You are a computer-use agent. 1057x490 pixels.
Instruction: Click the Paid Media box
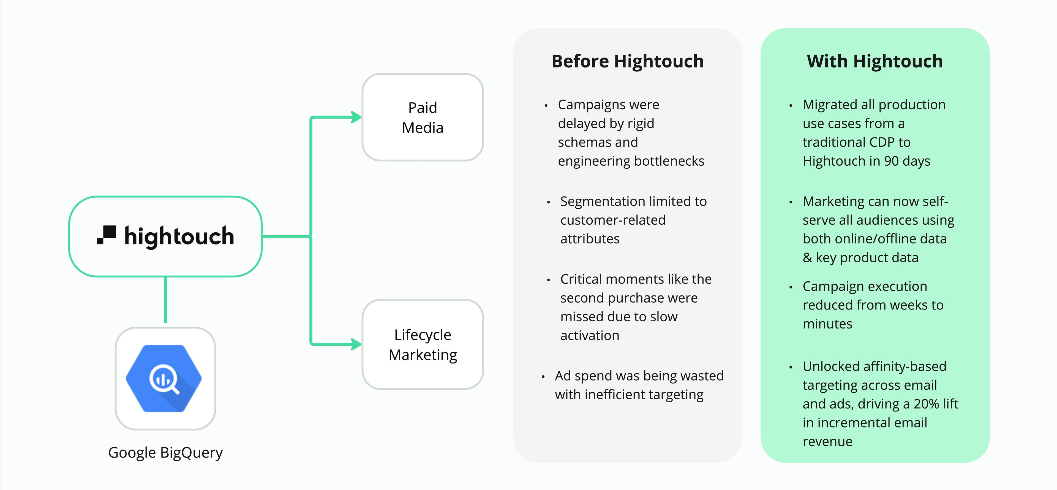tap(423, 117)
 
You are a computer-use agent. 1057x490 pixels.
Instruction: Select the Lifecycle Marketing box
tap(423, 344)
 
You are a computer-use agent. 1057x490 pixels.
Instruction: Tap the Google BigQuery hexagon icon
tap(164, 378)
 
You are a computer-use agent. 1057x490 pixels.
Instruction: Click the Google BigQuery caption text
tap(165, 452)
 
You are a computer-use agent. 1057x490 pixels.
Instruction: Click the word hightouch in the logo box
tap(179, 236)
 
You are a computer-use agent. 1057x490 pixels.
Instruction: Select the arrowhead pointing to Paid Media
tap(356, 117)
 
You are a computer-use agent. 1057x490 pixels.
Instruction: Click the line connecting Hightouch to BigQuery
tap(165, 300)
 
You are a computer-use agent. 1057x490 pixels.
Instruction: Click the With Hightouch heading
tap(875, 61)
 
